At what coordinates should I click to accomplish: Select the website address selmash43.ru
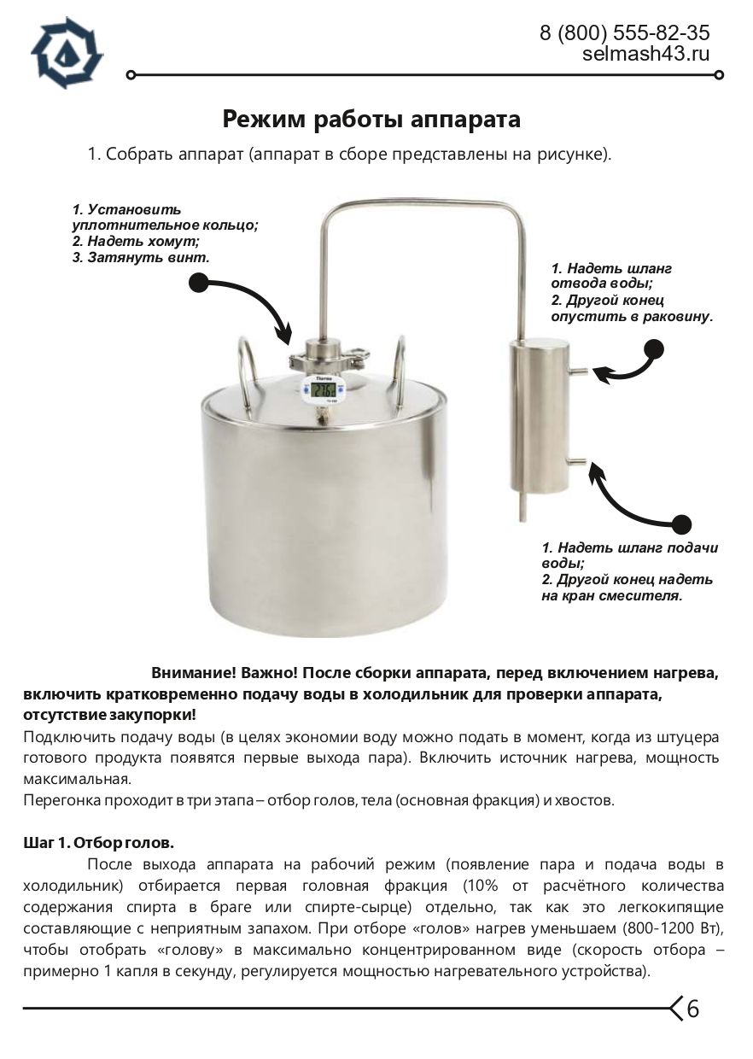tap(645, 55)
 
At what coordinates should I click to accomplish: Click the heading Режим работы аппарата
tap(371, 119)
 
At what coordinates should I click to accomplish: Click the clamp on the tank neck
tap(324, 353)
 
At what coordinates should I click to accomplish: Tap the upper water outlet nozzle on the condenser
tap(576, 371)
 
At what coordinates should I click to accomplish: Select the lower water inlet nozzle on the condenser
tap(576, 462)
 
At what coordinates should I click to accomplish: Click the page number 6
tap(693, 1009)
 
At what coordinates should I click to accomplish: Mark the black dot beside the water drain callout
tap(654, 349)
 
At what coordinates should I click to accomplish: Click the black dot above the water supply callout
tap(680, 524)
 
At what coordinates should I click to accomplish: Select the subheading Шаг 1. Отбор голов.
tap(99, 843)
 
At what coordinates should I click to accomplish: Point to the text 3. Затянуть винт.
tap(140, 256)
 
